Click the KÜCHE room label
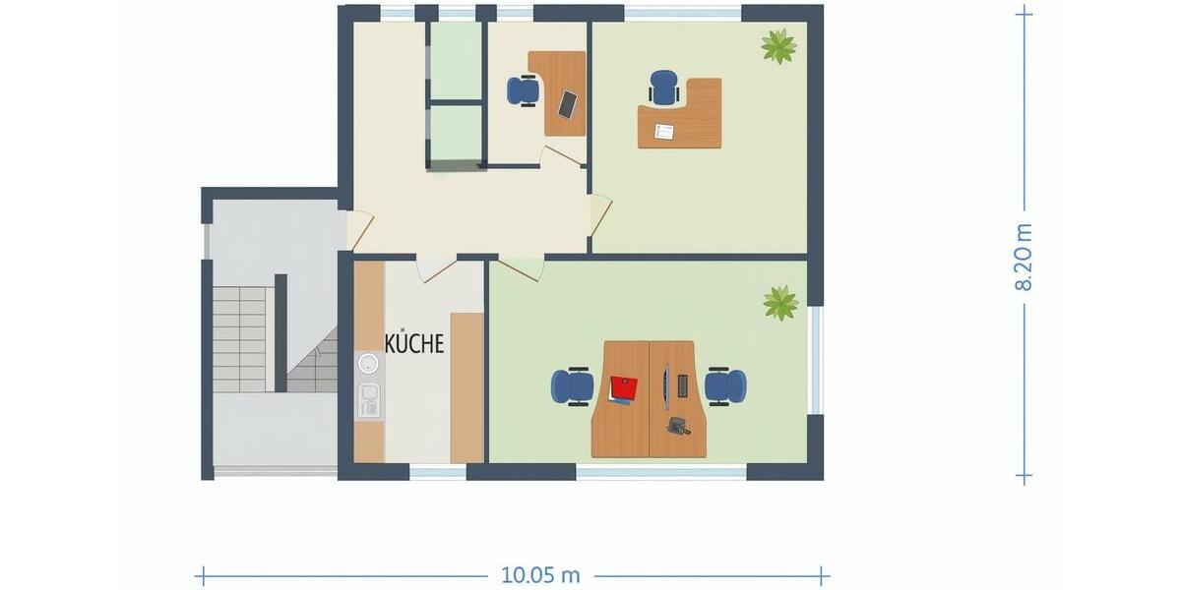pos(414,344)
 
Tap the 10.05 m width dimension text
pos(540,575)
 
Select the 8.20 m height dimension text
pos(1024,257)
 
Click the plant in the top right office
pos(778,45)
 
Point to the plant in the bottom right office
pos(780,302)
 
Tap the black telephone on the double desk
pos(678,426)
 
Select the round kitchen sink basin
pos(368,365)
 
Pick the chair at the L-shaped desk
pos(664,88)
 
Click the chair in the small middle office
pos(523,91)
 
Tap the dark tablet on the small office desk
pos(568,102)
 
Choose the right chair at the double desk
pos(726,385)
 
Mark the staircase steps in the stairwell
pos(240,339)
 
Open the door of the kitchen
pos(436,268)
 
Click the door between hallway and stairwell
pos(359,231)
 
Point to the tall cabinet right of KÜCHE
pos(466,387)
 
